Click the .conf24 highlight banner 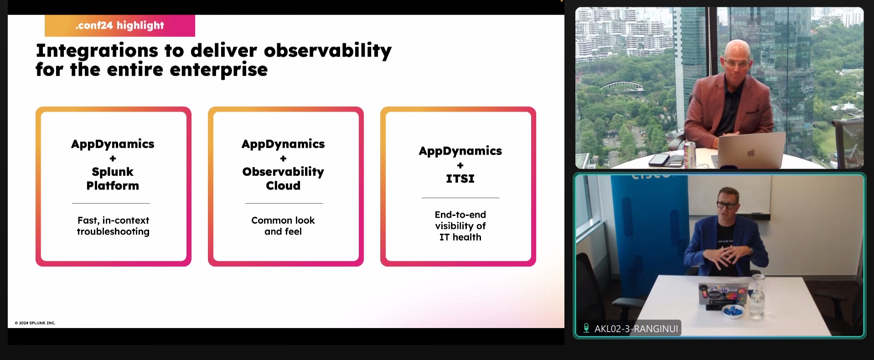point(120,26)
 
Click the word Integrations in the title point(97,51)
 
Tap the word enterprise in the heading point(219,70)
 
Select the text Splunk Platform point(113,179)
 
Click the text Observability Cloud point(283,179)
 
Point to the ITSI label point(460,179)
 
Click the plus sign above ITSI point(460,165)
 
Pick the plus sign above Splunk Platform point(113,159)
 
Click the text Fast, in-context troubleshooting point(113,226)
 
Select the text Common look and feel point(283,226)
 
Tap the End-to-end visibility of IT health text point(460,226)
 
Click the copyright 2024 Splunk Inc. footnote point(35,323)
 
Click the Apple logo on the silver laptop point(751,152)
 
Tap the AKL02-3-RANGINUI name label point(636,329)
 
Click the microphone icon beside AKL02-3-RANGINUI point(586,328)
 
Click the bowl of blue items point(733,311)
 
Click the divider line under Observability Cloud point(284,203)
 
